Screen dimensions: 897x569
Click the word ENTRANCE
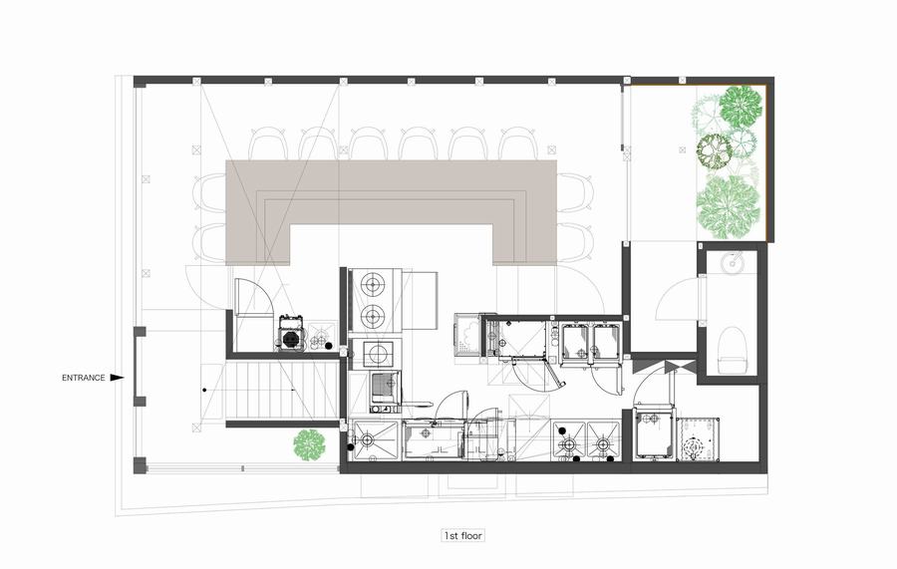point(83,378)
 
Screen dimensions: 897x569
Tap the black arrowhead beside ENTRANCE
point(118,378)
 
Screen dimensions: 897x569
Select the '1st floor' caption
point(462,536)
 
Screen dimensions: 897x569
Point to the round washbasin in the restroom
point(732,263)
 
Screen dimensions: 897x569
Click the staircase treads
point(280,392)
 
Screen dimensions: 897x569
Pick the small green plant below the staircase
point(309,444)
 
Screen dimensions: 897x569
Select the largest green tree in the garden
point(728,207)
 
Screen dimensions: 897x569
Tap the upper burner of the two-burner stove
point(373,283)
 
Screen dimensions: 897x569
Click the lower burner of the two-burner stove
point(373,314)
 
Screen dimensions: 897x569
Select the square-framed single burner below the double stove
point(378,354)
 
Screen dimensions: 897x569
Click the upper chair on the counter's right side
point(574,192)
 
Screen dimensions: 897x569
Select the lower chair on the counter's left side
point(210,242)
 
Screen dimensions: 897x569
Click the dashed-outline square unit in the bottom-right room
point(697,438)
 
